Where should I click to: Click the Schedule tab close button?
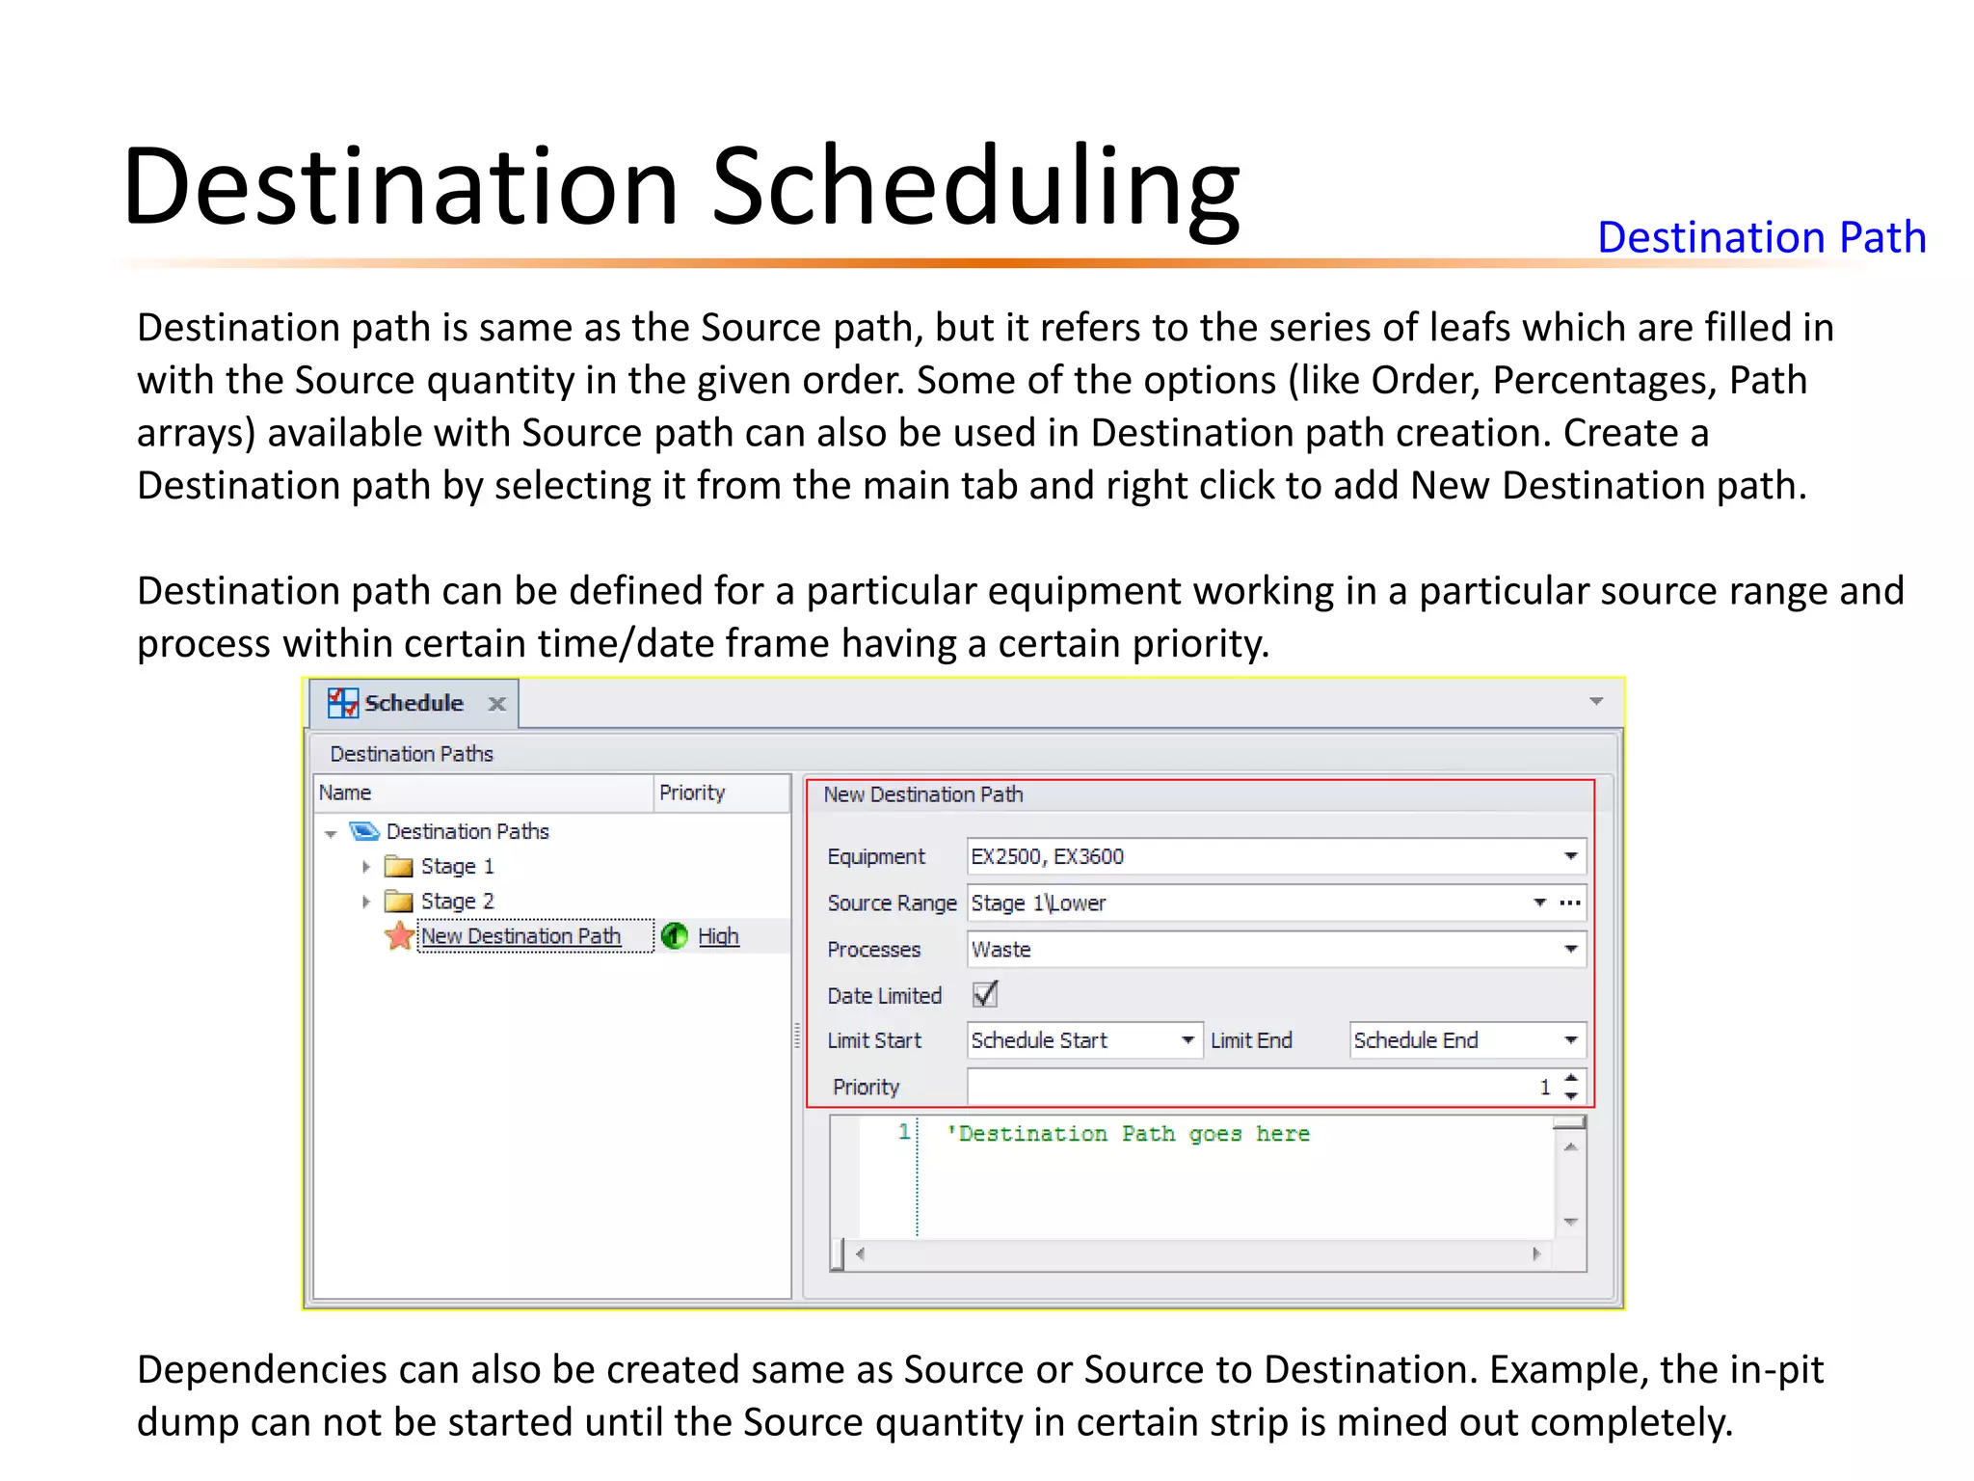pyautogui.click(x=496, y=704)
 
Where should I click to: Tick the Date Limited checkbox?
pyautogui.click(x=984, y=994)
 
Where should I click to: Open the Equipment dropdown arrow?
pyautogui.click(x=1570, y=856)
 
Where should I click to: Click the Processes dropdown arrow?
pyautogui.click(x=1570, y=950)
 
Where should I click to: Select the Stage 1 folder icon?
pyautogui.click(x=398, y=866)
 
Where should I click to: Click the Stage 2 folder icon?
pyautogui.click(x=398, y=902)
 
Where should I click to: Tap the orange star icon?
pyautogui.click(x=399, y=935)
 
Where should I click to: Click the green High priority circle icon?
pyautogui.click(x=675, y=935)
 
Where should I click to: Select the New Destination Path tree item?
pyautogui.click(x=520, y=936)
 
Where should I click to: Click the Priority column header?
pyautogui.click(x=692, y=793)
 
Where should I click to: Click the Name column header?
pyautogui.click(x=345, y=793)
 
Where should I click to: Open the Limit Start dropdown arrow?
pyautogui.click(x=1187, y=1040)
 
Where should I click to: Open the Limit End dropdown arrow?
pyautogui.click(x=1570, y=1040)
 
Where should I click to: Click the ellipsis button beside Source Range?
pyautogui.click(x=1570, y=903)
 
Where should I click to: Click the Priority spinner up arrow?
pyautogui.click(x=1571, y=1078)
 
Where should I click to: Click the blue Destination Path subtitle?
pyautogui.click(x=1761, y=237)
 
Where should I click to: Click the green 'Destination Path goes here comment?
pyautogui.click(x=1128, y=1134)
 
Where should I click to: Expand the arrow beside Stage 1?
pyautogui.click(x=366, y=867)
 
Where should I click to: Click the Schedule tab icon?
pyautogui.click(x=342, y=703)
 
